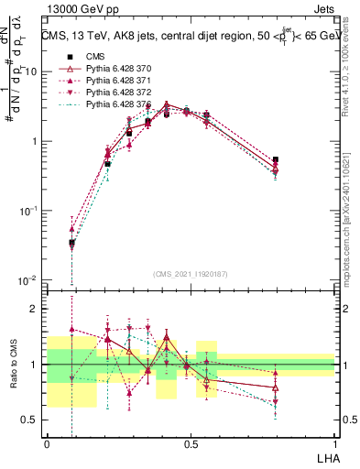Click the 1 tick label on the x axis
(335, 443)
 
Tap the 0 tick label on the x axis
(47, 443)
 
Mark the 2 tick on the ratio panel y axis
(35, 309)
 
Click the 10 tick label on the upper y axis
(30, 71)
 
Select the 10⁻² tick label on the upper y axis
(28, 279)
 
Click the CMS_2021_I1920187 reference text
(190, 273)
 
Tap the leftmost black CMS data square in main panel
(72, 243)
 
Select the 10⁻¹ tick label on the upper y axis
(28, 210)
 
